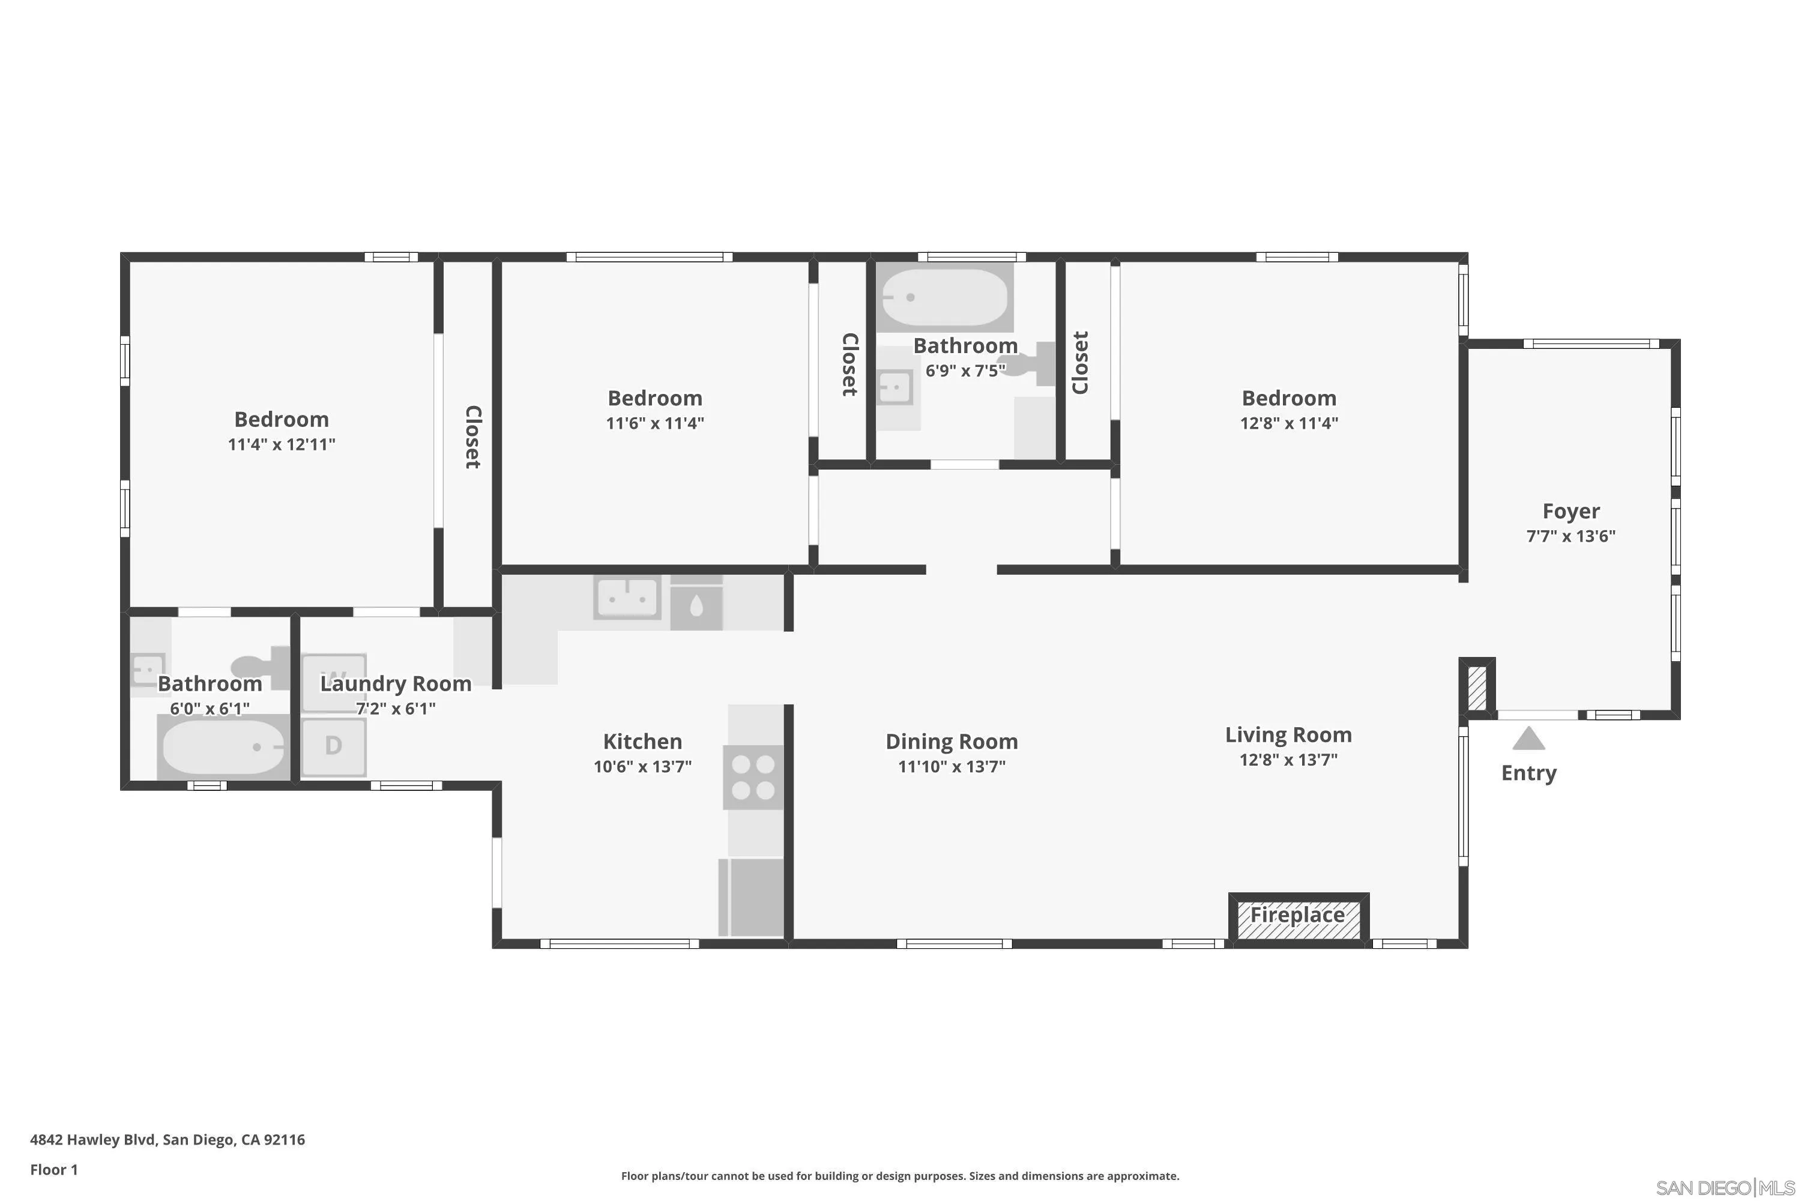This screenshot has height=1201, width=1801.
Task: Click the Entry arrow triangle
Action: [x=1528, y=739]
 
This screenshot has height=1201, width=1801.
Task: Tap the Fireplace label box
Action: [x=1298, y=916]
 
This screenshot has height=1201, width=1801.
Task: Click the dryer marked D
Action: [x=333, y=745]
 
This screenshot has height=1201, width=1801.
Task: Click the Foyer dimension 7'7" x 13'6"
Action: [x=1570, y=536]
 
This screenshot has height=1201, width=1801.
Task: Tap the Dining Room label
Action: [x=951, y=742]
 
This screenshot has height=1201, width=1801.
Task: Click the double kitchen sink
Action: [x=627, y=597]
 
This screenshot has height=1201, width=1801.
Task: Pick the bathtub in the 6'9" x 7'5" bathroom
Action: [x=944, y=297]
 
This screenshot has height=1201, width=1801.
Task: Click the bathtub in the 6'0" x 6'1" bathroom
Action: [x=223, y=748]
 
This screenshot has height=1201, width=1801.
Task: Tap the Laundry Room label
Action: [x=395, y=684]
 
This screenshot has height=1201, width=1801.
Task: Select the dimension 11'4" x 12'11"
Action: [x=281, y=444]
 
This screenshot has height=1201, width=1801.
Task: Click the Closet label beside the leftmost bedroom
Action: [x=473, y=437]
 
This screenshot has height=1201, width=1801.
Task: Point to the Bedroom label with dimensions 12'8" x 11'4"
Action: [x=1289, y=398]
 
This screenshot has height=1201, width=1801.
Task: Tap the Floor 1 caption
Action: [x=53, y=1170]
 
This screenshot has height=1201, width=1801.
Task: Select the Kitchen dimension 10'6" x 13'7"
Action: [x=642, y=766]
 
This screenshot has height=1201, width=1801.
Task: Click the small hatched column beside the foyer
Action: [x=1476, y=688]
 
